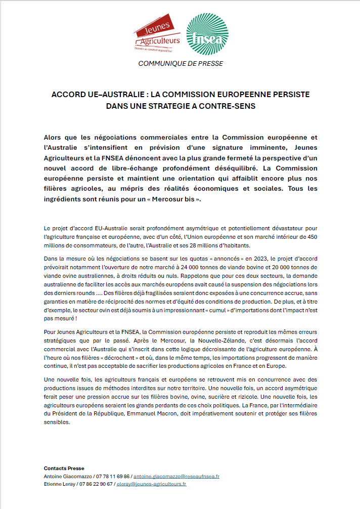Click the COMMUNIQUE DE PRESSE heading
(180, 64)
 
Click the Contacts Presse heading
(64, 469)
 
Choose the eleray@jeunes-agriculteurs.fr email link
(151, 484)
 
